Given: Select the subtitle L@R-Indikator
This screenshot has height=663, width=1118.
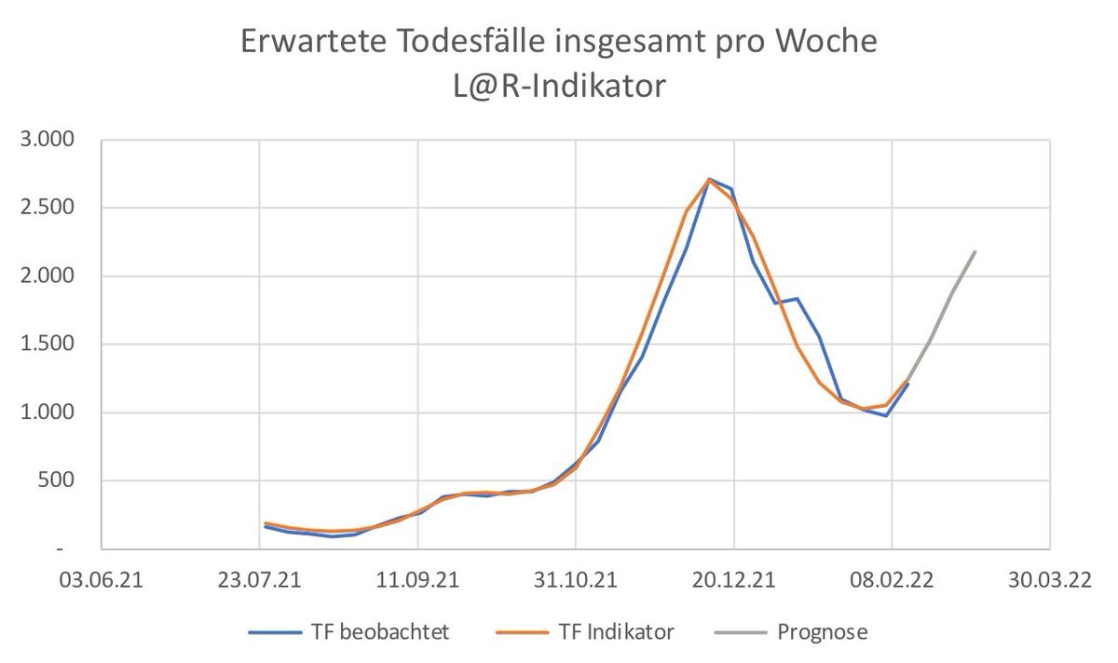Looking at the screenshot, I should pos(559,87).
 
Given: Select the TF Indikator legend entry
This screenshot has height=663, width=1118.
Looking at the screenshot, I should pos(606,632).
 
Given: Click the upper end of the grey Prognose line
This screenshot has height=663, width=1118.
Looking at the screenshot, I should pos(975,251).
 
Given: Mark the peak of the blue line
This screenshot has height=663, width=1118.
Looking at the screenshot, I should pos(709,179).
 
